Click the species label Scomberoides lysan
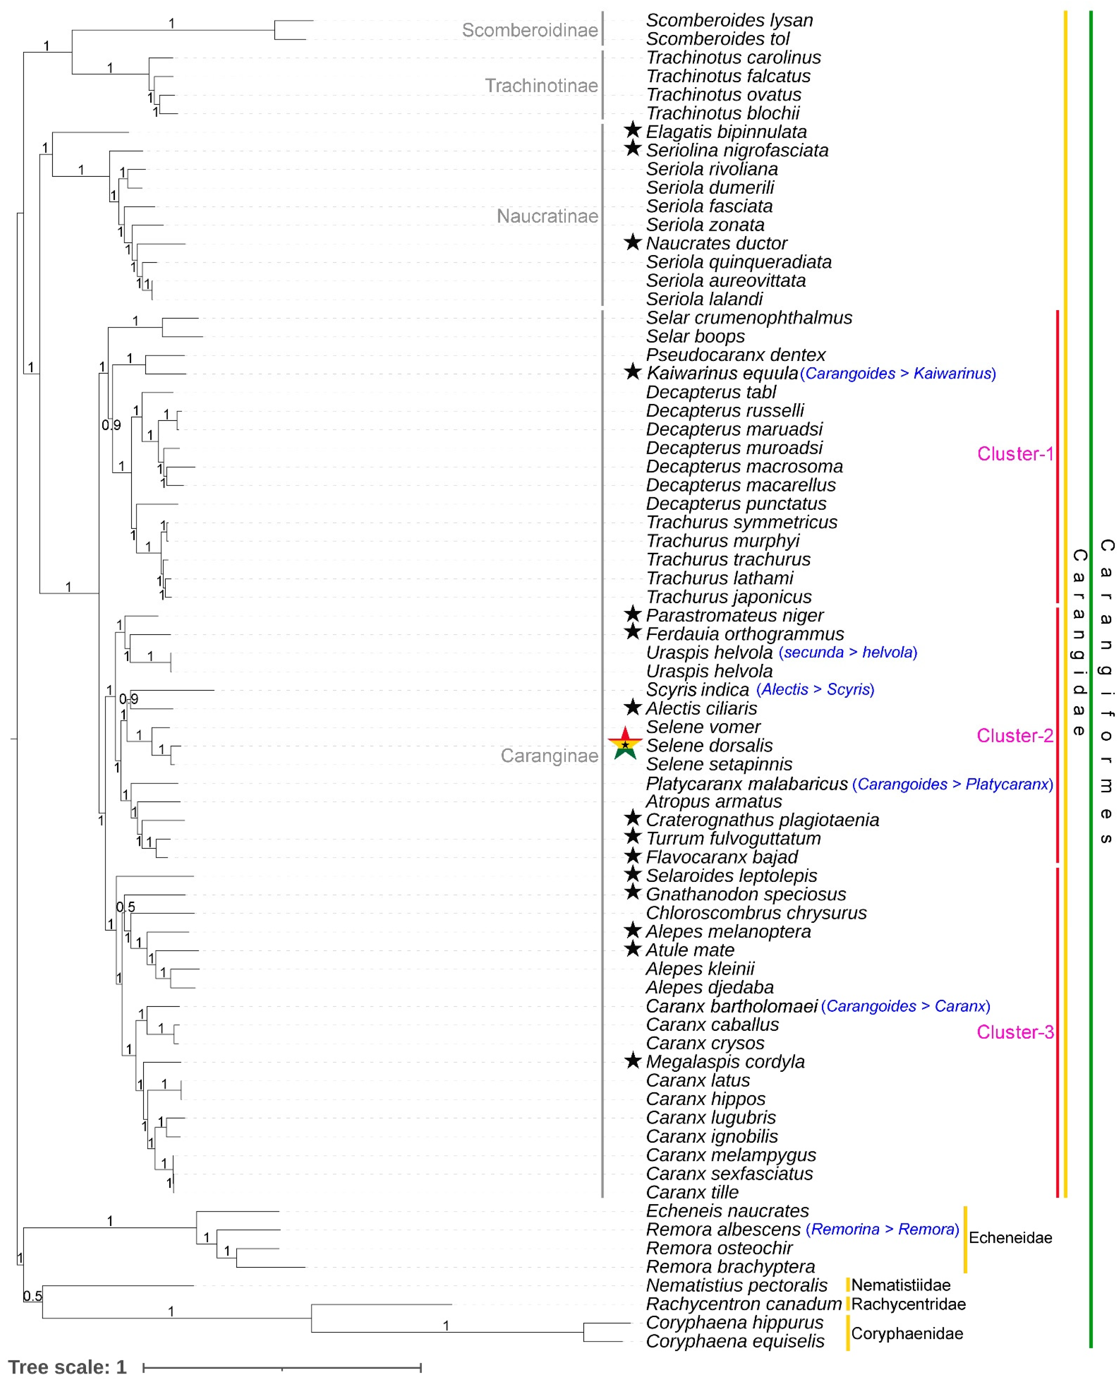(x=729, y=20)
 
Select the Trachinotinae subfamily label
(x=541, y=86)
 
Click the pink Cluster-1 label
(x=1015, y=454)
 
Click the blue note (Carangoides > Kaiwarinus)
(x=897, y=374)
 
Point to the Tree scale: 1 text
(x=67, y=1367)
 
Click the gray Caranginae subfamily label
(x=549, y=756)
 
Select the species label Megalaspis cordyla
(x=725, y=1061)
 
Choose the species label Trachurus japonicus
(x=728, y=597)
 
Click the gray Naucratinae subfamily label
(x=547, y=216)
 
